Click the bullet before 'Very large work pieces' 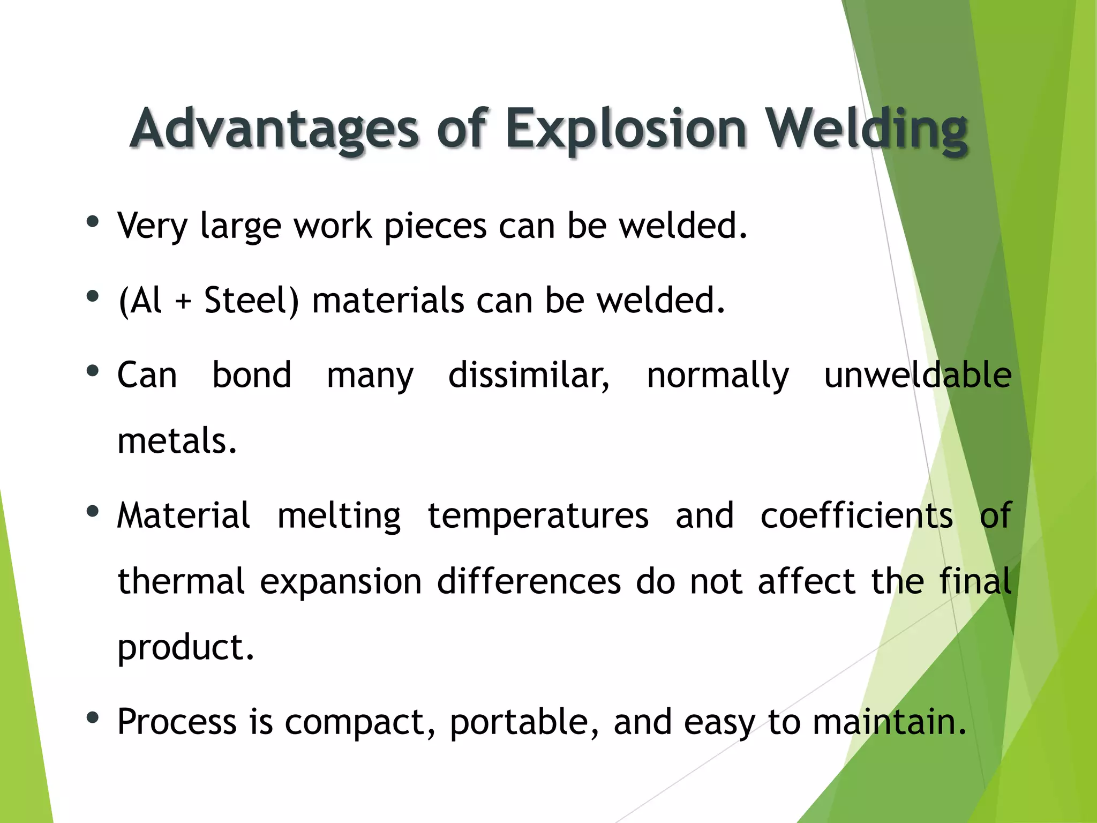pyautogui.click(x=93, y=222)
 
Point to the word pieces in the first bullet pyautogui.click(x=435, y=226)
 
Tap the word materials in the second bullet pyautogui.click(x=388, y=300)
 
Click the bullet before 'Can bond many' pyautogui.click(x=93, y=371)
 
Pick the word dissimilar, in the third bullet pyautogui.click(x=529, y=375)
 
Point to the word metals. pyautogui.click(x=177, y=441)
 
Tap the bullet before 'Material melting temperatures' pyautogui.click(x=93, y=512)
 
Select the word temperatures pyautogui.click(x=538, y=516)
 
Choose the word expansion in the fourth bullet pyautogui.click(x=341, y=581)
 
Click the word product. pyautogui.click(x=185, y=647)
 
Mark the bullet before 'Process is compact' pyautogui.click(x=93, y=717)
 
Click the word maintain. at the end pyautogui.click(x=889, y=721)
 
